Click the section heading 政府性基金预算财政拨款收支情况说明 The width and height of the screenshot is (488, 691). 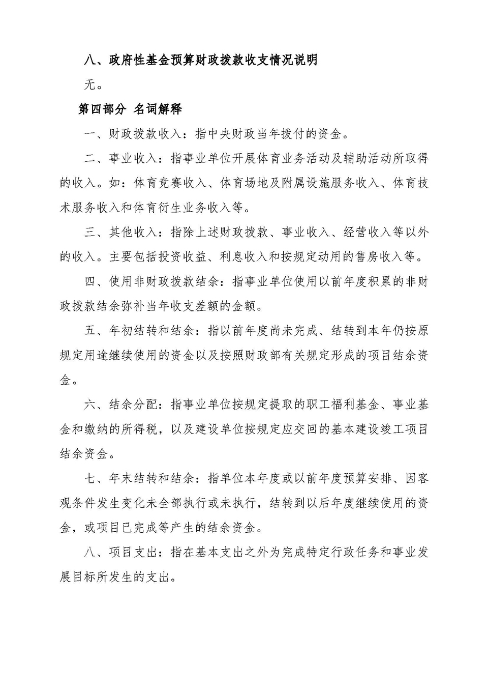click(213, 60)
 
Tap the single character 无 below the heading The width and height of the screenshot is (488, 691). click(89, 84)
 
